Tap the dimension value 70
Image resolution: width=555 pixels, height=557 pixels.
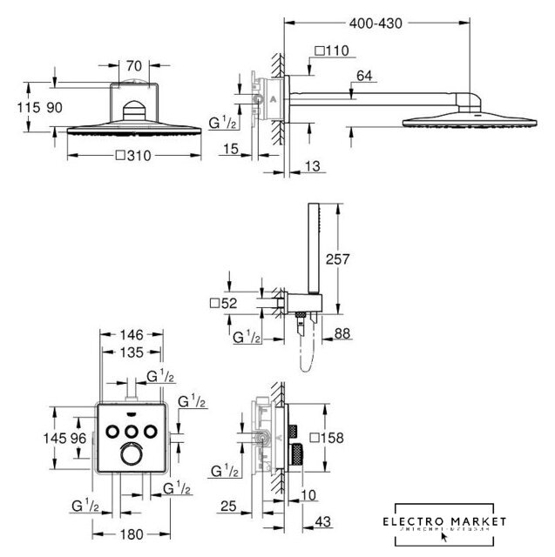[132, 64]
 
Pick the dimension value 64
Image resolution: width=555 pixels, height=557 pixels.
[364, 77]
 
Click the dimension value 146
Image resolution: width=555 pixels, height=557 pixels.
[130, 334]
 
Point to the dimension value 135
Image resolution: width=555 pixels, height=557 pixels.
[130, 353]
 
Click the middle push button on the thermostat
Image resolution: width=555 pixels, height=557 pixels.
[131, 430]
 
